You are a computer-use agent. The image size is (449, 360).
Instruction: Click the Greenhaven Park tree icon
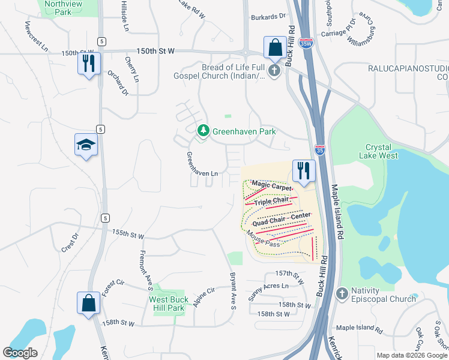[x=203, y=130]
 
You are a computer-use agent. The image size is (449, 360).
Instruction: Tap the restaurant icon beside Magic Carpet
[x=304, y=170]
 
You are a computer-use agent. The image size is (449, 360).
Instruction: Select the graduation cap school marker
[x=86, y=145]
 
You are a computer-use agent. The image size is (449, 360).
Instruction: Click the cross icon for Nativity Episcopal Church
[x=342, y=293]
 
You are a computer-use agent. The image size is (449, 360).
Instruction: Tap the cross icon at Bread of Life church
[x=274, y=71]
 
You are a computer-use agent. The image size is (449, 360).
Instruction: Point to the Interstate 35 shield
[x=320, y=149]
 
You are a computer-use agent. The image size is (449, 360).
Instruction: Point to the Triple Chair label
[x=272, y=202]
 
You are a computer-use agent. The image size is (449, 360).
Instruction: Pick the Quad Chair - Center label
[x=282, y=219]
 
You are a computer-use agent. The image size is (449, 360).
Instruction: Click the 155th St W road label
[x=128, y=235]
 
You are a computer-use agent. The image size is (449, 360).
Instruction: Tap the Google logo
[x=20, y=353]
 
